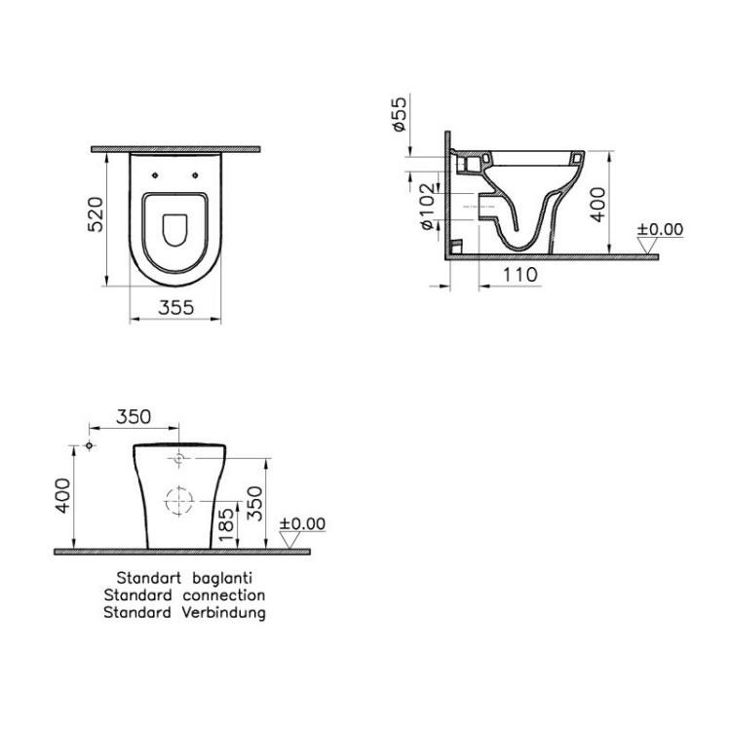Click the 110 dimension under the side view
pyautogui.click(x=520, y=275)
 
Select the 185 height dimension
pyautogui.click(x=225, y=522)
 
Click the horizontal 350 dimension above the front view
pyautogui.click(x=134, y=416)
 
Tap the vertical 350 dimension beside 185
pyautogui.click(x=256, y=503)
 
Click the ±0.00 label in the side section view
pyautogui.click(x=660, y=230)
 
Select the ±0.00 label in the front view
pyautogui.click(x=302, y=523)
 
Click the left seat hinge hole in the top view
pyautogui.click(x=156, y=176)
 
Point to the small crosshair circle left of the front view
pyautogui.click(x=89, y=445)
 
